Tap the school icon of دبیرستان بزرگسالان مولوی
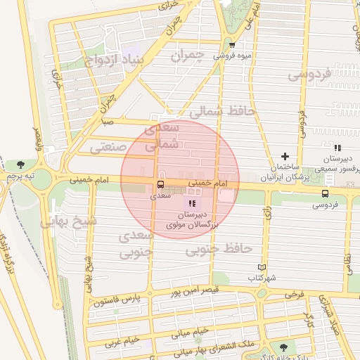pos(193,203)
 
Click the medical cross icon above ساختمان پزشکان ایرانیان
pos(285,156)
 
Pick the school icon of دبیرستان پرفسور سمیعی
pos(338,148)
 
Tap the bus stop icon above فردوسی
pos(324,193)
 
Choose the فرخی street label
pos(294,293)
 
